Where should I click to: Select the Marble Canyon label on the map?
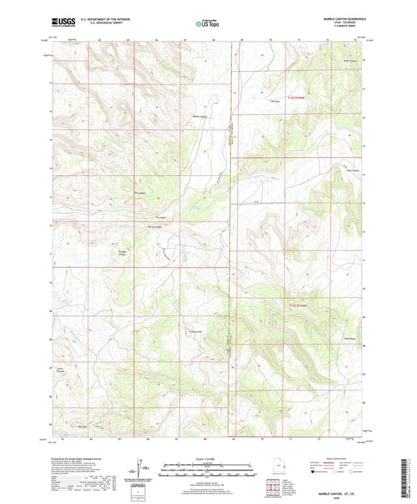(x=200, y=117)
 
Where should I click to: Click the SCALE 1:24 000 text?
(x=207, y=459)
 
